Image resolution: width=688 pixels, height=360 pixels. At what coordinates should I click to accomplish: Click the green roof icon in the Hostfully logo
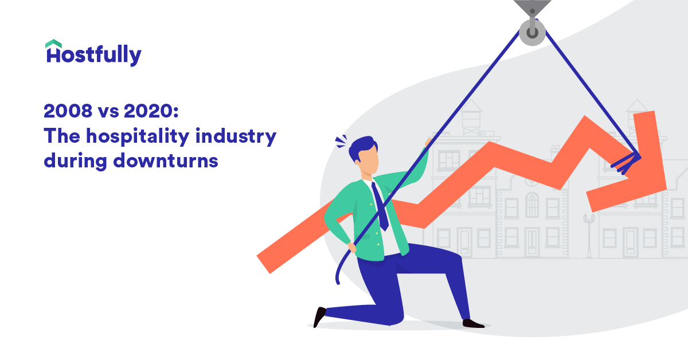(53, 44)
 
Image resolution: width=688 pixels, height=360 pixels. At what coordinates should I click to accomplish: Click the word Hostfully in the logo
(93, 56)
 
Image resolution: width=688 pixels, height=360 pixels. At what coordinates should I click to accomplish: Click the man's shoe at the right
(473, 323)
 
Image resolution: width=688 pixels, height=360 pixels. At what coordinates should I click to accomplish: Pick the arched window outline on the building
(532, 204)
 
